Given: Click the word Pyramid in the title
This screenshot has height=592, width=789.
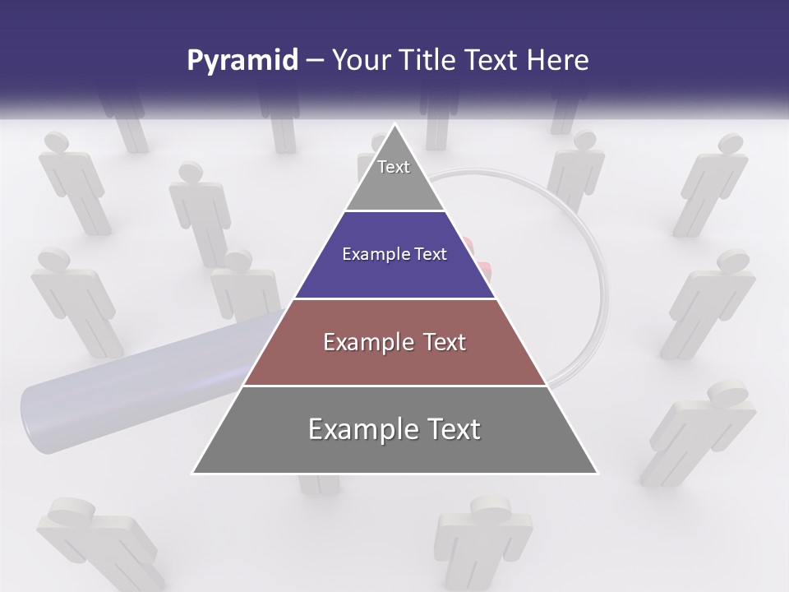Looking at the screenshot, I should (x=242, y=61).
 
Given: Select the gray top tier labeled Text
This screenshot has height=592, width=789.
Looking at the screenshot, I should (x=394, y=177).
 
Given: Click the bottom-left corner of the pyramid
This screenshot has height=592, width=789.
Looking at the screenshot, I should (x=194, y=473).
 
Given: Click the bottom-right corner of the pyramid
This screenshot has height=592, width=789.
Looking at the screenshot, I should (x=597, y=473).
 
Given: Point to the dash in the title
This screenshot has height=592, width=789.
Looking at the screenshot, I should (x=314, y=61).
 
